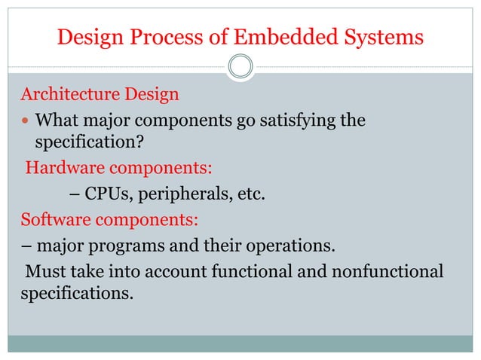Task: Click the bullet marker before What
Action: [x=26, y=121]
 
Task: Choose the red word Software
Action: [x=54, y=220]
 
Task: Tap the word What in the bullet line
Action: [x=59, y=121]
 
